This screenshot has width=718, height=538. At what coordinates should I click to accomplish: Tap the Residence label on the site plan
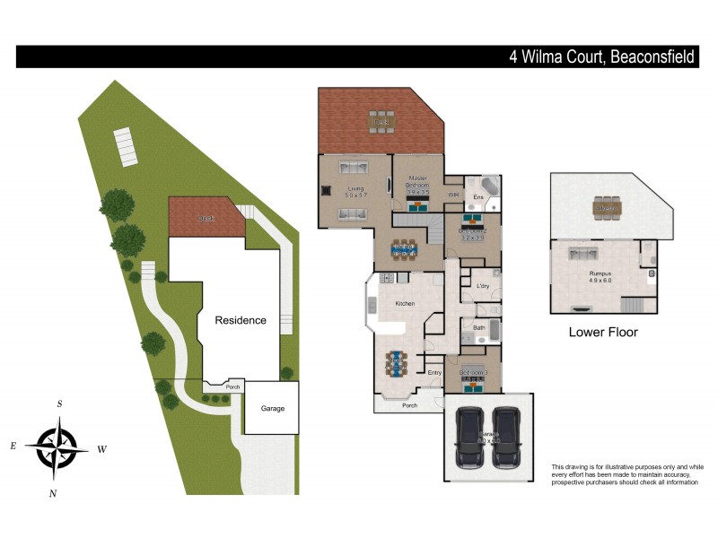(240, 320)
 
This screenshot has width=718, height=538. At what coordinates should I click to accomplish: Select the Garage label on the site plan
(272, 408)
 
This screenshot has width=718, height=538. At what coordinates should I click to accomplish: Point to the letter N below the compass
(53, 493)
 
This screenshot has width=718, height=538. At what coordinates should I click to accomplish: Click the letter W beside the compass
(101, 448)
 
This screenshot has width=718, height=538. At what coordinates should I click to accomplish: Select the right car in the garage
(507, 437)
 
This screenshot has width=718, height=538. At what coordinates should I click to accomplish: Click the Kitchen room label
(405, 304)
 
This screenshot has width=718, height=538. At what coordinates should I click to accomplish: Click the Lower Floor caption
(603, 332)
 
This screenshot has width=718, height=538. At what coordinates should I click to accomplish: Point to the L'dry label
(483, 286)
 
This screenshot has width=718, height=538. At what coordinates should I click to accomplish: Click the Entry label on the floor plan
(434, 373)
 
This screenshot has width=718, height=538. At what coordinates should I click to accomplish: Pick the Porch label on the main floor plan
(409, 404)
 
